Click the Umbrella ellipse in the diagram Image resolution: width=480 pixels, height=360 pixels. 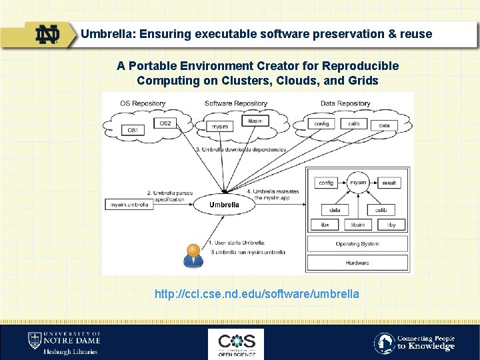click(x=224, y=205)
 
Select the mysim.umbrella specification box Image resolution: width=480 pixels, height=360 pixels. click(x=129, y=204)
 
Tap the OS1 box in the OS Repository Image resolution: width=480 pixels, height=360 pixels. click(x=133, y=131)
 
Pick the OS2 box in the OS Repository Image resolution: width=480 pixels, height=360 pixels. click(x=165, y=123)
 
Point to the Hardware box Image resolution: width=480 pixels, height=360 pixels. click(x=357, y=263)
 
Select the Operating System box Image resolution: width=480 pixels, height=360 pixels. click(x=357, y=244)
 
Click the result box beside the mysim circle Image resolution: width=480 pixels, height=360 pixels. click(x=389, y=183)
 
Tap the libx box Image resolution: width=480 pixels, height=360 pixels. click(x=325, y=225)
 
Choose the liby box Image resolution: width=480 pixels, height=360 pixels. click(x=391, y=225)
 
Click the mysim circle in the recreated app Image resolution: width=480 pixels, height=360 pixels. click(x=359, y=183)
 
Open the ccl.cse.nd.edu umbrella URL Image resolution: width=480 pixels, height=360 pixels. click(x=257, y=294)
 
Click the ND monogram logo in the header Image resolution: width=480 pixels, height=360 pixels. click(x=48, y=34)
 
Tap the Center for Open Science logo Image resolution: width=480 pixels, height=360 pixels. click(x=236, y=343)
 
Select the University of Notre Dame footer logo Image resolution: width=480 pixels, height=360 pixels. click(x=63, y=343)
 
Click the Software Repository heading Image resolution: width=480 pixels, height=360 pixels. click(x=236, y=103)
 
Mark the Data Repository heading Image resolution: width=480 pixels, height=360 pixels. click(x=345, y=103)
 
